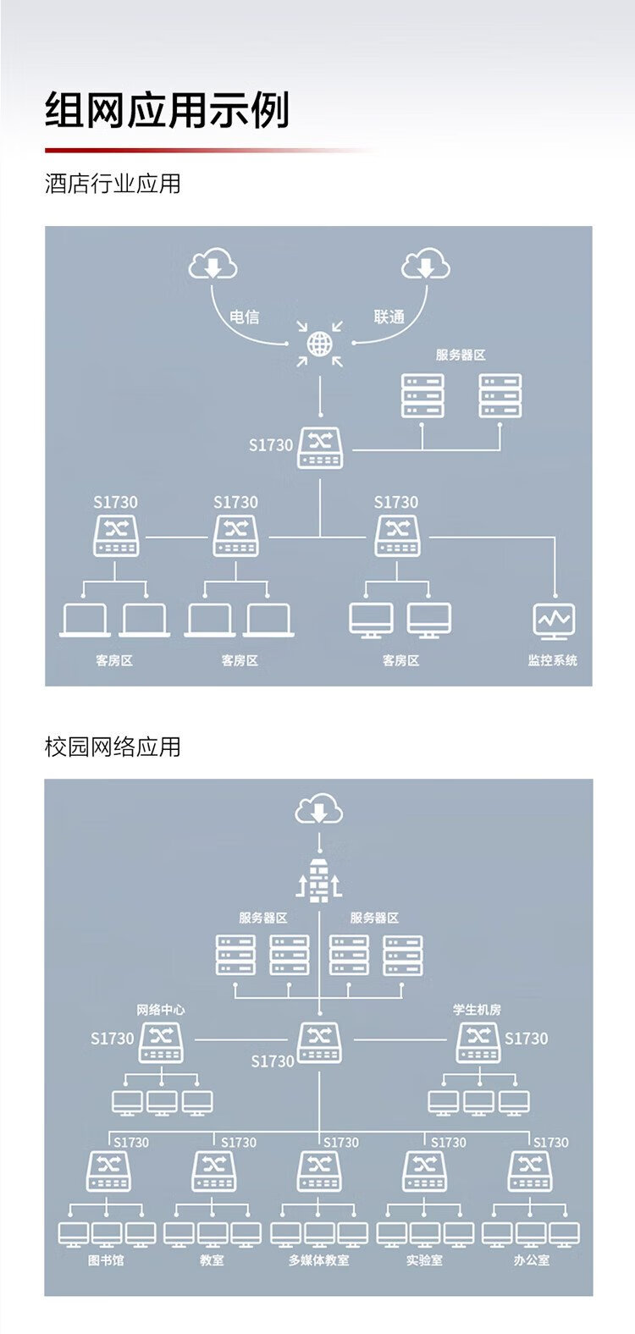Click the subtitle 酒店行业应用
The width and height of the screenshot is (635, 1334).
113,184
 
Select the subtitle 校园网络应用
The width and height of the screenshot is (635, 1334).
113,747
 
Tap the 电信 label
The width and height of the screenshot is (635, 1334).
244,317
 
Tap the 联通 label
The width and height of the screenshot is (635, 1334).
389,317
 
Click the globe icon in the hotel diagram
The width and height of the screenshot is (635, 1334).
320,344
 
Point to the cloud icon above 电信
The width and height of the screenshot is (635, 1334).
213,265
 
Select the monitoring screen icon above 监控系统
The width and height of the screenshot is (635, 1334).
555,622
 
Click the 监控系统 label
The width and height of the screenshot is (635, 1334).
552,660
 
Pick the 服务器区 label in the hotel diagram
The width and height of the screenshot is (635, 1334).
461,355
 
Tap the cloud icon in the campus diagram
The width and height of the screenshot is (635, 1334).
319,811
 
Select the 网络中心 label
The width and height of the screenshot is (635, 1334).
161,1010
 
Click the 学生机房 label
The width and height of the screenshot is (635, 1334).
477,1010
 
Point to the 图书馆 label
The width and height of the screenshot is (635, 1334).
106,1260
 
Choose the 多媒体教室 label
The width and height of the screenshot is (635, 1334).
318,1260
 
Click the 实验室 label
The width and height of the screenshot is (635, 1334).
423,1260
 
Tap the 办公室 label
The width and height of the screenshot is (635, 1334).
531,1260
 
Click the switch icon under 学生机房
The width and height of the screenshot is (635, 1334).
478,1042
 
